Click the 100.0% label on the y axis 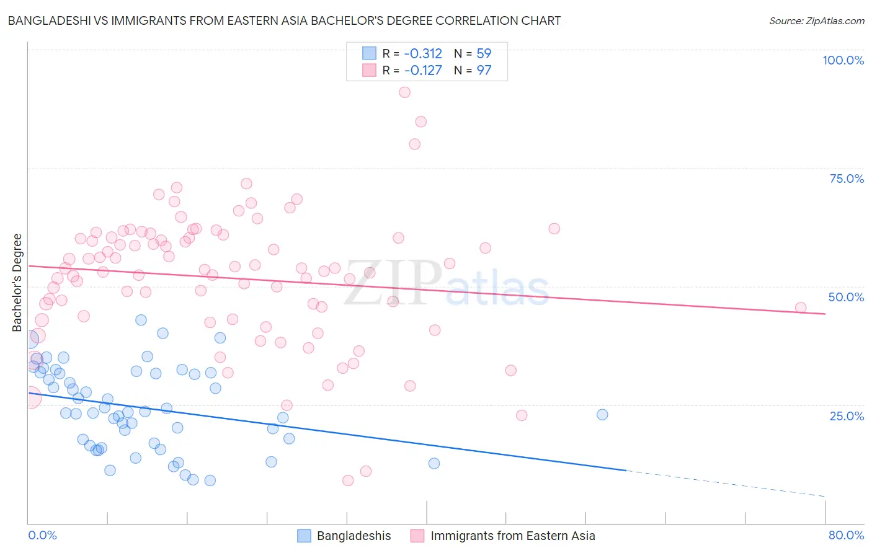843,60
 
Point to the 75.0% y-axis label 847,179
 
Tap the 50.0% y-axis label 846,297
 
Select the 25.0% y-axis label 847,415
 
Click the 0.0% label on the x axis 42,535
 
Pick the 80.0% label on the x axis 846,535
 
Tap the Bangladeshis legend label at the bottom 354,536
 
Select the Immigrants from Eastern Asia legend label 512,536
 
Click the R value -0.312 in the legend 423,53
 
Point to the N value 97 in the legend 484,70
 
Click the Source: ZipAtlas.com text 816,21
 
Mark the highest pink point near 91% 404,92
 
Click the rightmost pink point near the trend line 801,307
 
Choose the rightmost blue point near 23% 602,414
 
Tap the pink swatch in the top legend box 369,70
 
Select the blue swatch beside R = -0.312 369,53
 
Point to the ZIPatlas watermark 447,283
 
